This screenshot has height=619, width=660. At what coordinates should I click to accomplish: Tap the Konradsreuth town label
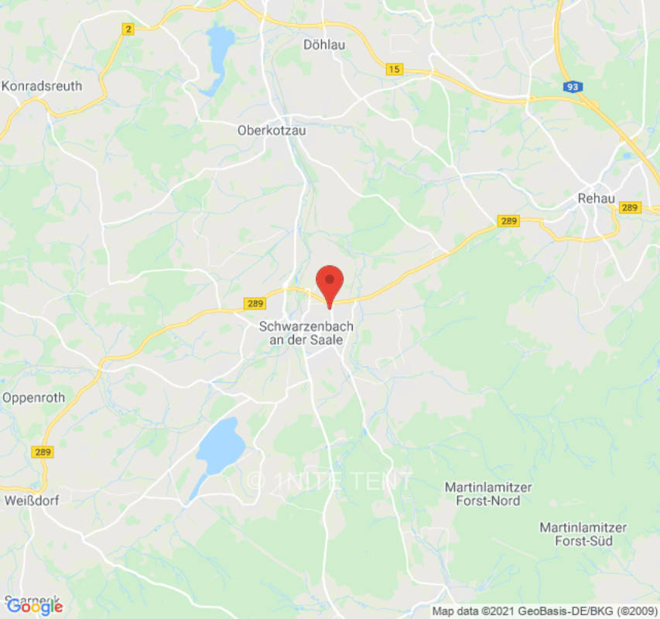click(x=42, y=86)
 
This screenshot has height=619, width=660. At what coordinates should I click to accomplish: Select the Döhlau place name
click(x=323, y=45)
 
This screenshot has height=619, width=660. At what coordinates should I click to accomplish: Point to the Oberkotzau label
click(x=271, y=131)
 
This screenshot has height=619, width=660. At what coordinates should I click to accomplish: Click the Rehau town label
click(x=596, y=198)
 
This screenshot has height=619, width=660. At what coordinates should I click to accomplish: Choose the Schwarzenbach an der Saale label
click(x=306, y=333)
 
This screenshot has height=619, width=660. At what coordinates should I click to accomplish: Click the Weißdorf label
click(x=30, y=500)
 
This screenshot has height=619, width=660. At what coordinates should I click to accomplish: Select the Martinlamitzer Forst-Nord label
click(x=482, y=494)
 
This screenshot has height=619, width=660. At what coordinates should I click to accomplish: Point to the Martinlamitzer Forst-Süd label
click(x=583, y=534)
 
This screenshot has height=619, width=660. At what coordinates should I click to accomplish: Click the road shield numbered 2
click(x=128, y=29)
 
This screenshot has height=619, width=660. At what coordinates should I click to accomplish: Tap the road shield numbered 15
click(x=395, y=70)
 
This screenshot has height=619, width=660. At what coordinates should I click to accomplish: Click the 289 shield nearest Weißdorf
click(x=43, y=451)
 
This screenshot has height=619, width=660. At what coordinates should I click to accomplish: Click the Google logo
click(x=34, y=607)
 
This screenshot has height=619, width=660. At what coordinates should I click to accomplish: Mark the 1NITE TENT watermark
click(x=330, y=480)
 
